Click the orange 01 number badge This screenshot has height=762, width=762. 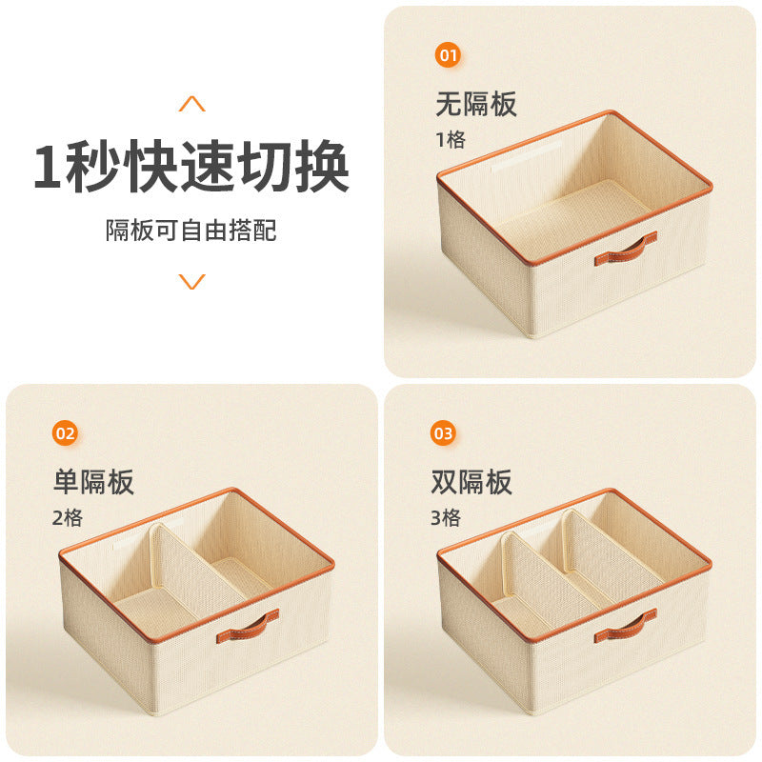[449, 55]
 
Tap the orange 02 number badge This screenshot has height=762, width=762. [65, 434]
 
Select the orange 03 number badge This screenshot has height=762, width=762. [444, 434]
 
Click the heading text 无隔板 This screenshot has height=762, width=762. [476, 103]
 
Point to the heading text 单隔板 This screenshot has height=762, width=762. [93, 482]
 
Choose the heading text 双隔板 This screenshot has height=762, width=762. [471, 482]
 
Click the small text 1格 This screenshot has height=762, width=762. [451, 140]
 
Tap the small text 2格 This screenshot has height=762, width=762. [68, 519]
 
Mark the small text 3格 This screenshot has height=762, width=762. [446, 519]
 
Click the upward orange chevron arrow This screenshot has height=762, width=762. [192, 104]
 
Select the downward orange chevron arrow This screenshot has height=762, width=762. [192, 281]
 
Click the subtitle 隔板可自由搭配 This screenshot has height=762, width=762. [191, 230]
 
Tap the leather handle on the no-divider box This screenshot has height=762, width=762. [626, 249]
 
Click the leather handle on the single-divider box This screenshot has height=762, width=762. [248, 625]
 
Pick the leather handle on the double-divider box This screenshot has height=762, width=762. [626, 625]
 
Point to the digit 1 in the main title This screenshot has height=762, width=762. [52, 168]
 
